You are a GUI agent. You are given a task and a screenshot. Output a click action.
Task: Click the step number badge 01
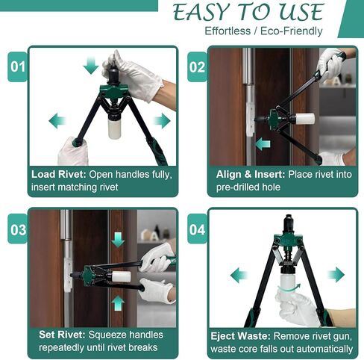[17, 66]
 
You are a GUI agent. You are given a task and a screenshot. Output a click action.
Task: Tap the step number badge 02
[197, 66]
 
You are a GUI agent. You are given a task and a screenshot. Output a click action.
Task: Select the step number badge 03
[18, 229]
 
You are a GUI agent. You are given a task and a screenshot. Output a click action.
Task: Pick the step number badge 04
[197, 229]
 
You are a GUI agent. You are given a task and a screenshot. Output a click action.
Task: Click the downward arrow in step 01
[91, 65]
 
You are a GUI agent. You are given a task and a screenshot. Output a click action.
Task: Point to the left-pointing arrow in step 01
[57, 121]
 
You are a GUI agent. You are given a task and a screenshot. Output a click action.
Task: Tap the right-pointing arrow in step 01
[162, 121]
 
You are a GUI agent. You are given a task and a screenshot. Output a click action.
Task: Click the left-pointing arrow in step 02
[263, 144]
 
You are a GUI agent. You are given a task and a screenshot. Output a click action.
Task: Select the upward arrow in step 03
[118, 303]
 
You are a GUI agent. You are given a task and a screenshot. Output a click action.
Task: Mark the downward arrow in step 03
[118, 240]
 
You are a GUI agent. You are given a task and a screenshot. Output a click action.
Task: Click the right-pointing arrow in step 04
[336, 275]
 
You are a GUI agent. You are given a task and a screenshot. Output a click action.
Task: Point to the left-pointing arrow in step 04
[239, 275]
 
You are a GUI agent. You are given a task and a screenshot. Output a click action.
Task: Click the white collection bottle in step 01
[115, 128]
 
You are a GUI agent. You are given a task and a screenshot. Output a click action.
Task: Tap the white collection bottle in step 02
[305, 119]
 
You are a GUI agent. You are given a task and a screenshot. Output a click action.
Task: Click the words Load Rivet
[58, 174]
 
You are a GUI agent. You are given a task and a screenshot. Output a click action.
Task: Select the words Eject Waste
[240, 336]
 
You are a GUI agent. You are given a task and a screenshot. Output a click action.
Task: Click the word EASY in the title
[201, 12]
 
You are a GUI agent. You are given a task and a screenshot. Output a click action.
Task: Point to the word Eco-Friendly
[291, 31]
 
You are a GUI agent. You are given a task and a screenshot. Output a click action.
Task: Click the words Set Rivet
[62, 335]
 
